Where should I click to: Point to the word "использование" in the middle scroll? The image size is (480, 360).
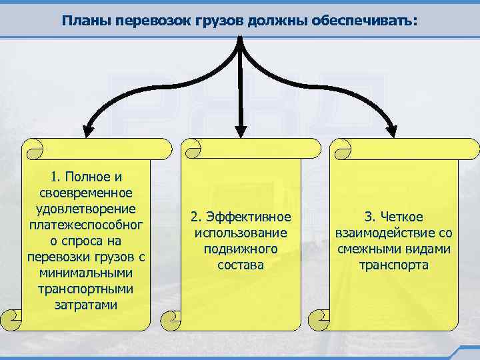pos(240,233)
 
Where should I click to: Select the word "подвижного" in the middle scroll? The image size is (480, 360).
pos(240,249)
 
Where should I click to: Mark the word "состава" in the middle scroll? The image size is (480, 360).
pos(240,265)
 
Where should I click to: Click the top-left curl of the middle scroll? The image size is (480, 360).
pos(192,148)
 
